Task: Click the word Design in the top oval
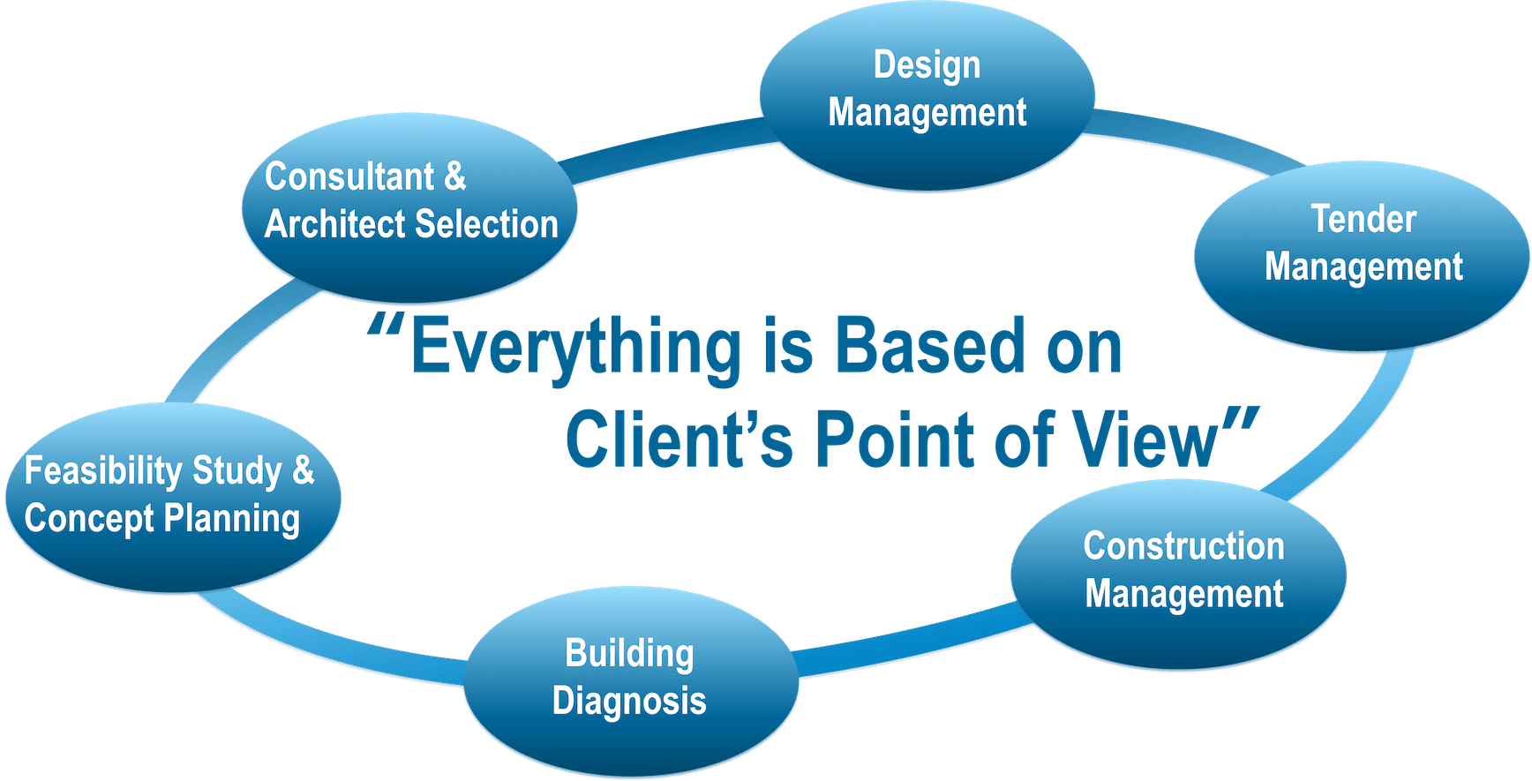(927, 66)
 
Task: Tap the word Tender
(1363, 219)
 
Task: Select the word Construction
(1183, 546)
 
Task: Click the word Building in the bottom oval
(629, 654)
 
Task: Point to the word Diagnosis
(629, 702)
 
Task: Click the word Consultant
(349, 176)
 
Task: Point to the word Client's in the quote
(680, 439)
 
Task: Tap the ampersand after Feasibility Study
(303, 470)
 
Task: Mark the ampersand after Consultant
(454, 176)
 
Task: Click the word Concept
(89, 519)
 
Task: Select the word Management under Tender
(1363, 267)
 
